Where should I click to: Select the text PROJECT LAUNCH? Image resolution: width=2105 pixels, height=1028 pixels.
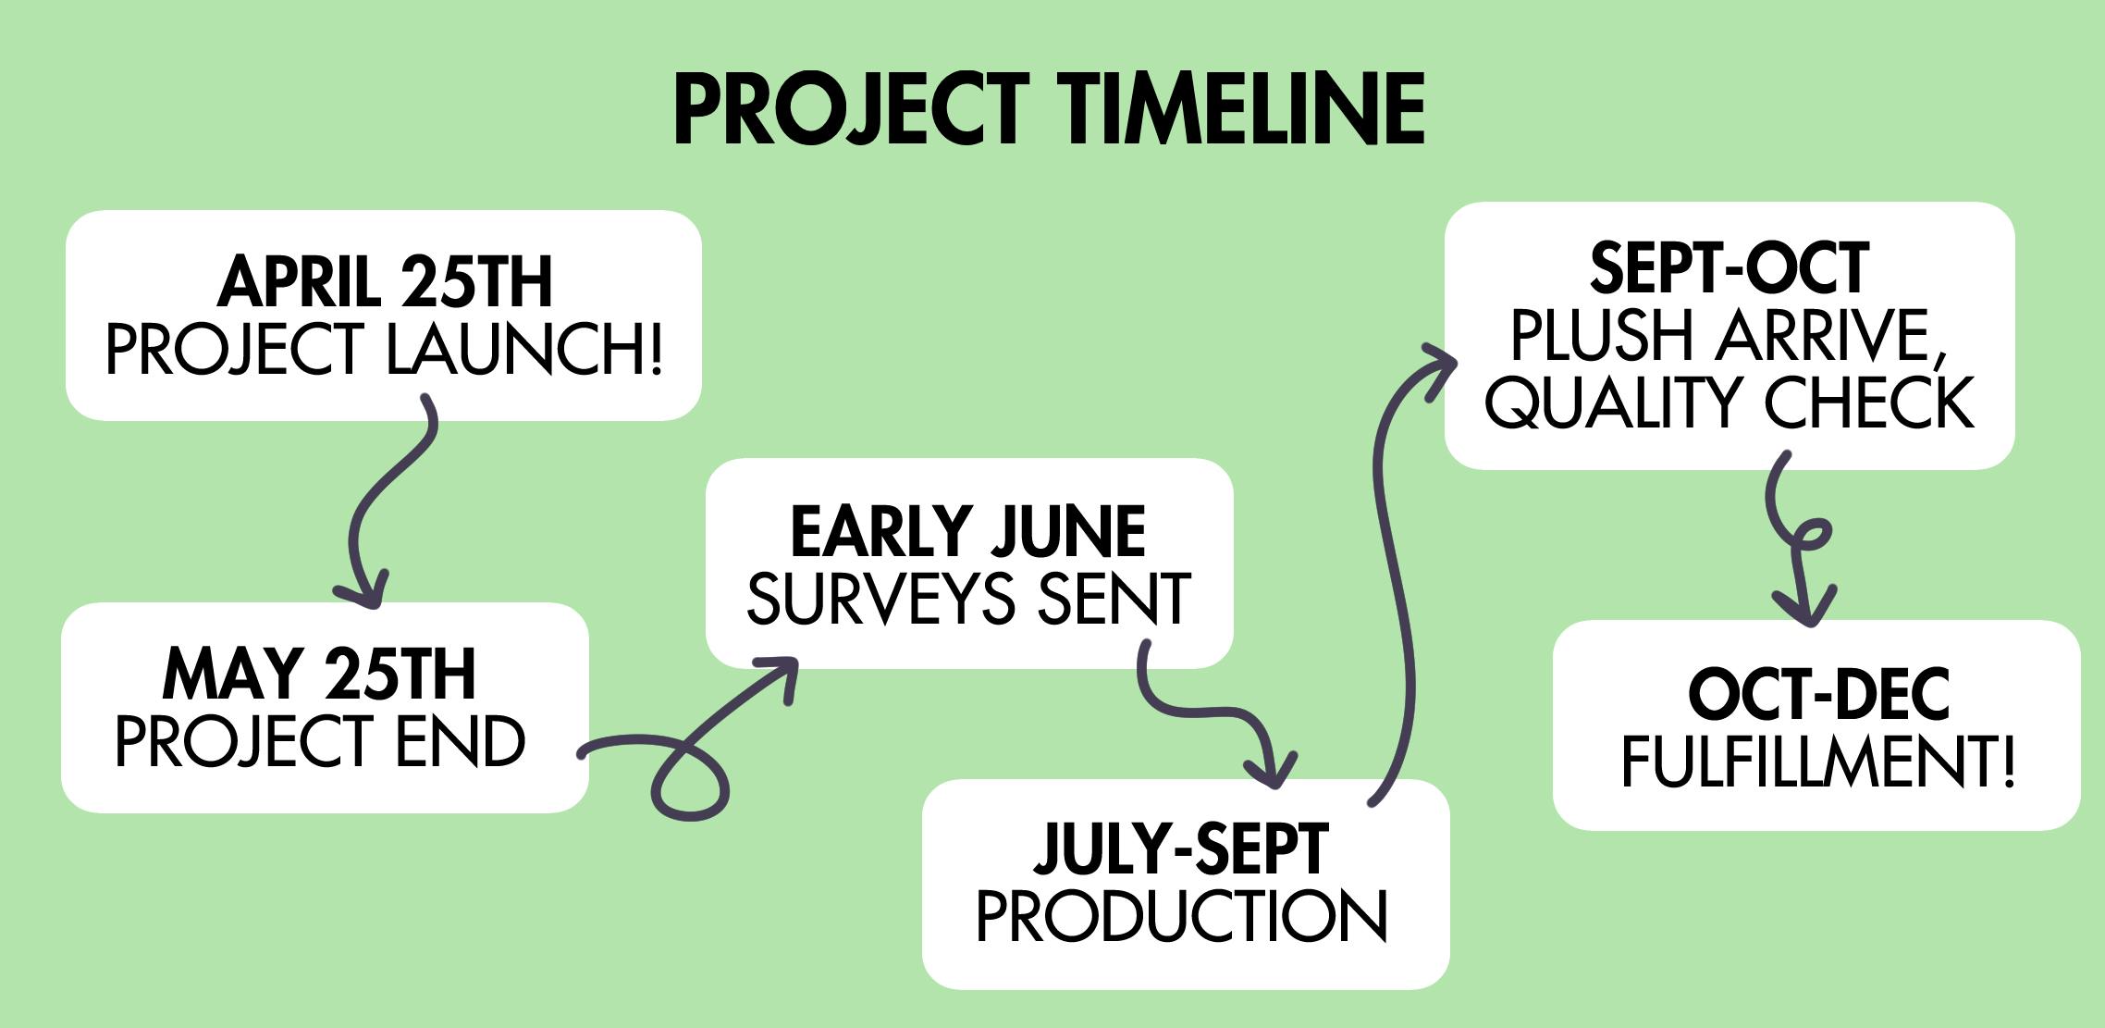tap(385, 349)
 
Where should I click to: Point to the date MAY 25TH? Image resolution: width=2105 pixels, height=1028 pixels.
tap(319, 675)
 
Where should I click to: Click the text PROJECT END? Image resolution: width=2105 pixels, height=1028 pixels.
tap(320, 741)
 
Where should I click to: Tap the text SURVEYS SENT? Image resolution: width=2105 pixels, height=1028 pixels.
tap(968, 599)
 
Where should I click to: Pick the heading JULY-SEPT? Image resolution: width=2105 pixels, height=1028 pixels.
tap(1182, 848)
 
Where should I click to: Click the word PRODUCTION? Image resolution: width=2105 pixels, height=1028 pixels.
tap(1182, 916)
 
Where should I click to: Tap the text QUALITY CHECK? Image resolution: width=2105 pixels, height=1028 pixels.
tap(1730, 403)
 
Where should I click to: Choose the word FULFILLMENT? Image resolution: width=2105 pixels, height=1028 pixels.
tap(1818, 762)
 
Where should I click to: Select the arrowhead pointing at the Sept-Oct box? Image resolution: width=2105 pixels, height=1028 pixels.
tap(1435, 370)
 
